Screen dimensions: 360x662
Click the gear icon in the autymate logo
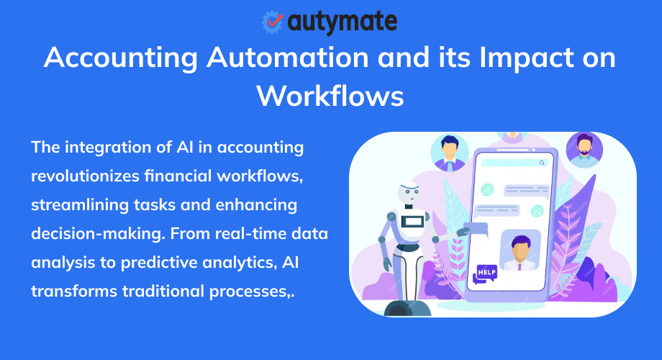click(273, 21)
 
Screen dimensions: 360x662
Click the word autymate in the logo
click(342, 22)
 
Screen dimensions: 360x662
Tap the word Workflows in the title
click(331, 94)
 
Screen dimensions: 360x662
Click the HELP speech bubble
click(486, 273)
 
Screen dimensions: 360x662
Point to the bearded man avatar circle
click(583, 149)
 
